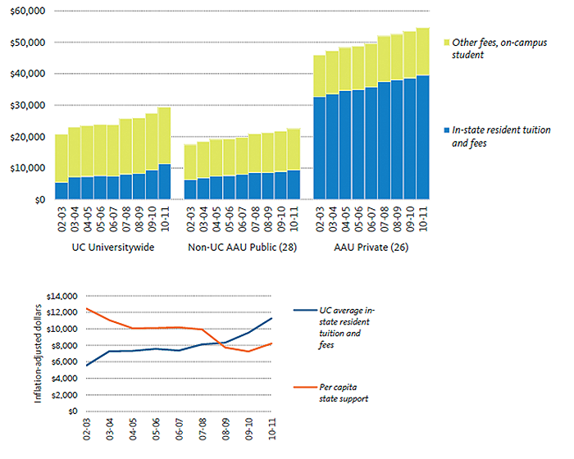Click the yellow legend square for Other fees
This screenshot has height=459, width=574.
pos(445,43)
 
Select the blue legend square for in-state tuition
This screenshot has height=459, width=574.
pos(445,130)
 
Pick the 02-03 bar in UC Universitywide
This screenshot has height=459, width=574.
pos(61,167)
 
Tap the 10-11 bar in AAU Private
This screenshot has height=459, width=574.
pos(422,114)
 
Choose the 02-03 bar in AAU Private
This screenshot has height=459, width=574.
pos(320,128)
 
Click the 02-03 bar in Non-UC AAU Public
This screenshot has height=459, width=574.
pos(190,172)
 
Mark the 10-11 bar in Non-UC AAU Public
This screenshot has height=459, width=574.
pos(294,164)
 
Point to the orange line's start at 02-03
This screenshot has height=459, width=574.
pos(87,309)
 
